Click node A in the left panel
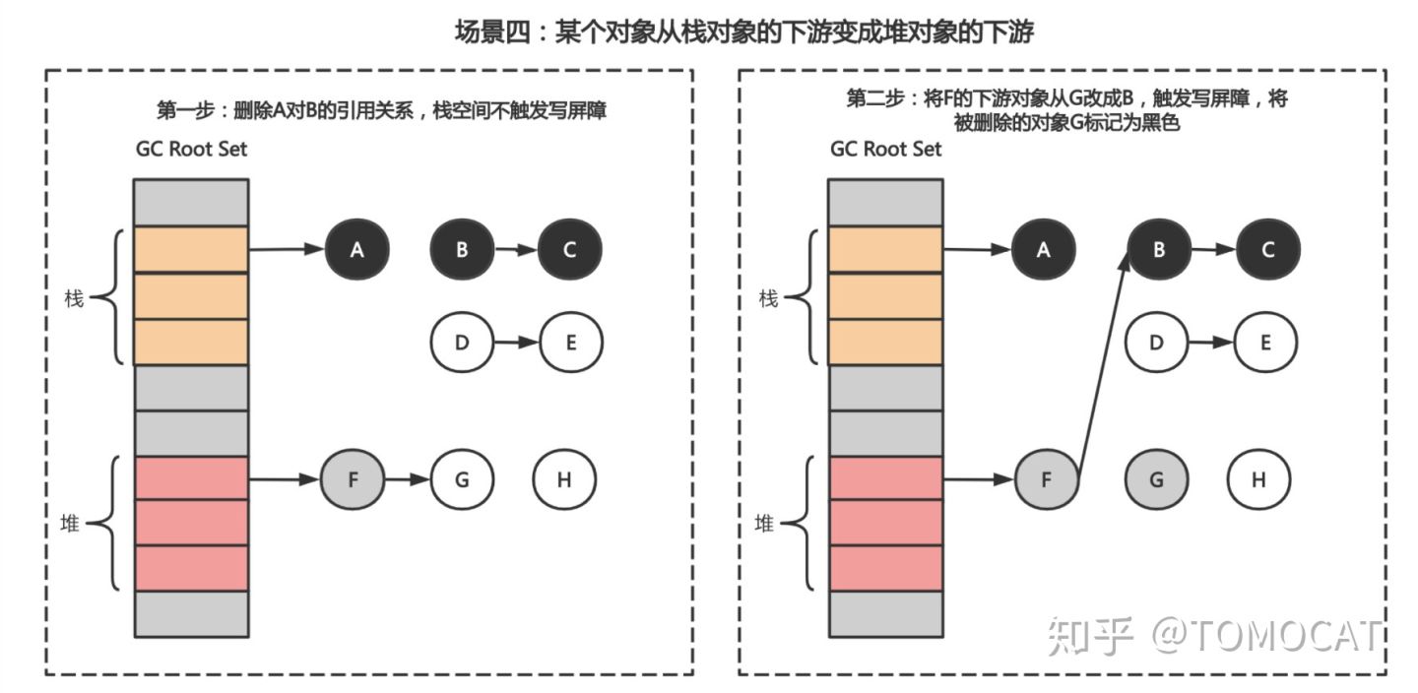(357, 250)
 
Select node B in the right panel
(1158, 250)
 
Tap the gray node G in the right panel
(1156, 479)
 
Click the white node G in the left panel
(462, 479)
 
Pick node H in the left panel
(564, 479)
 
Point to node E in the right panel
(1265, 343)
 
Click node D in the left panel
(462, 343)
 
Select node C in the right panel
(1266, 250)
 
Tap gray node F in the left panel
(352, 479)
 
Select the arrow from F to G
(407, 479)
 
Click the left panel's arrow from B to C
(515, 250)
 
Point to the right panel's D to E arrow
(1210, 343)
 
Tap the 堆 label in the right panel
(764, 525)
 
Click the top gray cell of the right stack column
(885, 202)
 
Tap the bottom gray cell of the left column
(191, 614)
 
